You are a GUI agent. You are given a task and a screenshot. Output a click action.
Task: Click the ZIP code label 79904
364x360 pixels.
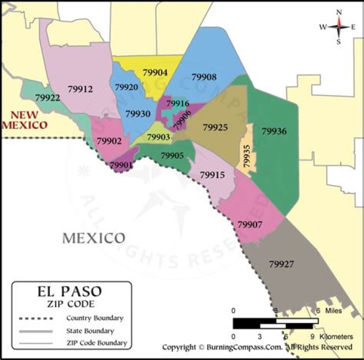click(155, 73)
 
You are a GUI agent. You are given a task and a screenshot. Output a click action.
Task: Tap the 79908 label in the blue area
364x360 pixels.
click(204, 77)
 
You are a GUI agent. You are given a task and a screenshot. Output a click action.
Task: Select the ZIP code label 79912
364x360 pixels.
click(80, 89)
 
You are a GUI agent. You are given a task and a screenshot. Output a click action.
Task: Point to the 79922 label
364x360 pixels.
click(48, 97)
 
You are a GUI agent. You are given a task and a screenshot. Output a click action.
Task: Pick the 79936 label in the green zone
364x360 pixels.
click(274, 131)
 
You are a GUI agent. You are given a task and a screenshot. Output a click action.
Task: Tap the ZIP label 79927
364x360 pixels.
click(282, 263)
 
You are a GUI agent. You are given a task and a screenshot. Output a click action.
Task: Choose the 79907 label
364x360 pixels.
click(250, 224)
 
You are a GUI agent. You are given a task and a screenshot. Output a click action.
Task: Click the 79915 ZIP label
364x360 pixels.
click(212, 175)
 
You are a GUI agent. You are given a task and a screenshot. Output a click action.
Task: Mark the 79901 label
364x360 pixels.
click(121, 165)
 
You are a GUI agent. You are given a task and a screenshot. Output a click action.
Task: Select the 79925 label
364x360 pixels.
click(215, 128)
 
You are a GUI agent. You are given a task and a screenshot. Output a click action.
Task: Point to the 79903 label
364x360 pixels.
click(158, 137)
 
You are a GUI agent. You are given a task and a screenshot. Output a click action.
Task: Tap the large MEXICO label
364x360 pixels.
click(94, 238)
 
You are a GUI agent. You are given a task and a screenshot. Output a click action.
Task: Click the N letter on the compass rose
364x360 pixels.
click(339, 12)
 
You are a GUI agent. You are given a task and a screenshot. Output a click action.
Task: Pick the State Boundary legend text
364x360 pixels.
click(90, 331)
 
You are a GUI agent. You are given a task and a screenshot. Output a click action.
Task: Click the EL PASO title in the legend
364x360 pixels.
click(70, 292)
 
